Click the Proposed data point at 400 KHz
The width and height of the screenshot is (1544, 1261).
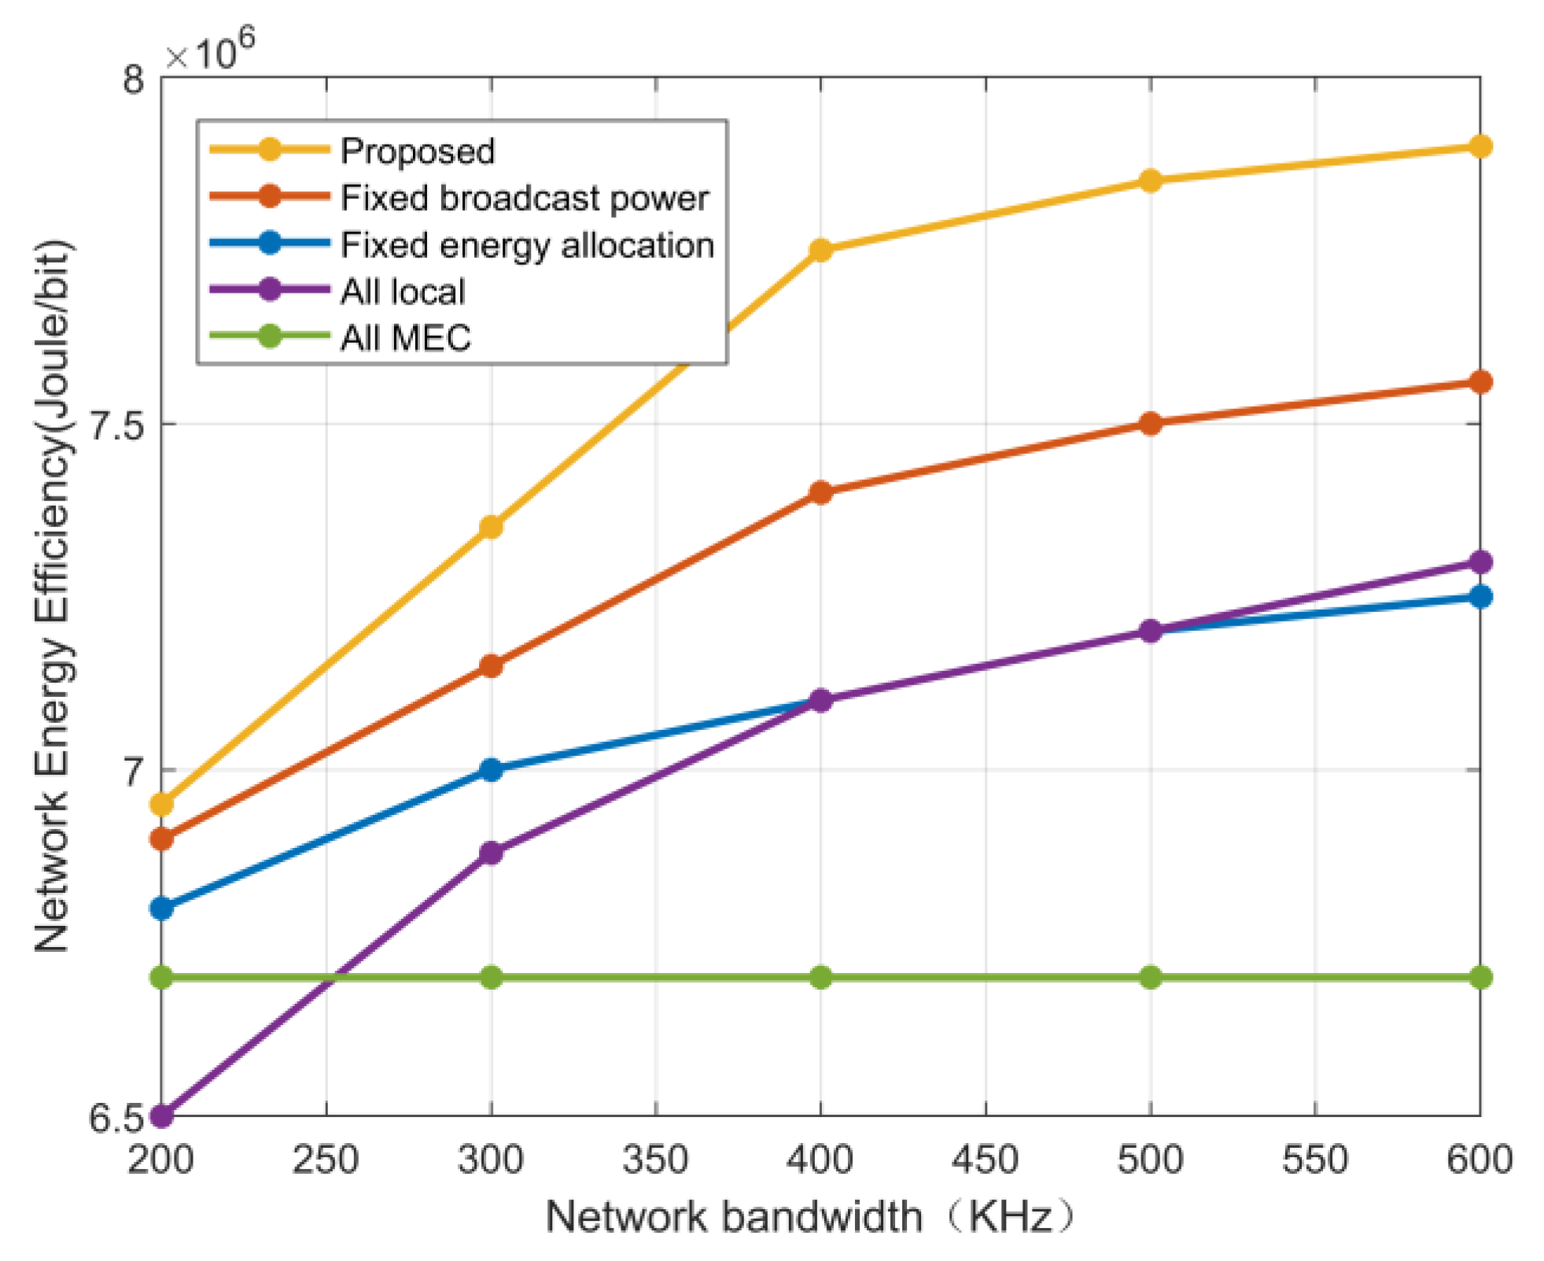(820, 250)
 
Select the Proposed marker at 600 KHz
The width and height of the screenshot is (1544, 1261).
(1480, 146)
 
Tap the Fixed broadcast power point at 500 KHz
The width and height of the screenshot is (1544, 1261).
(1150, 424)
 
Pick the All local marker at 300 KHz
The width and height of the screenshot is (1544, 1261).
(491, 853)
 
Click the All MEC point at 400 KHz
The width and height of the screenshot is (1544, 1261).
(820, 978)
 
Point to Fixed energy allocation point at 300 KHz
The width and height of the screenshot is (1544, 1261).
(491, 769)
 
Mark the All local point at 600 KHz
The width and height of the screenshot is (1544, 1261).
(1480, 562)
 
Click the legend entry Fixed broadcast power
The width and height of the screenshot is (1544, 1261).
(525, 197)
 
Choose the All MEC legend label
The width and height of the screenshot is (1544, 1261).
(405, 338)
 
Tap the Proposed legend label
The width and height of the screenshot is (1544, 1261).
(417, 151)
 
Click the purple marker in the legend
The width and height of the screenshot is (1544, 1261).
(270, 290)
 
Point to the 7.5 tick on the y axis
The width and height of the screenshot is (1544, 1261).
(118, 425)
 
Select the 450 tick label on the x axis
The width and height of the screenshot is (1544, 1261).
(985, 1160)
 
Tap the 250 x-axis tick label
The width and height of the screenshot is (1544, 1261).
(326, 1160)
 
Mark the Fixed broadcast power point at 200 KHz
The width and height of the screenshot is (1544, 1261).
(161, 839)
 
